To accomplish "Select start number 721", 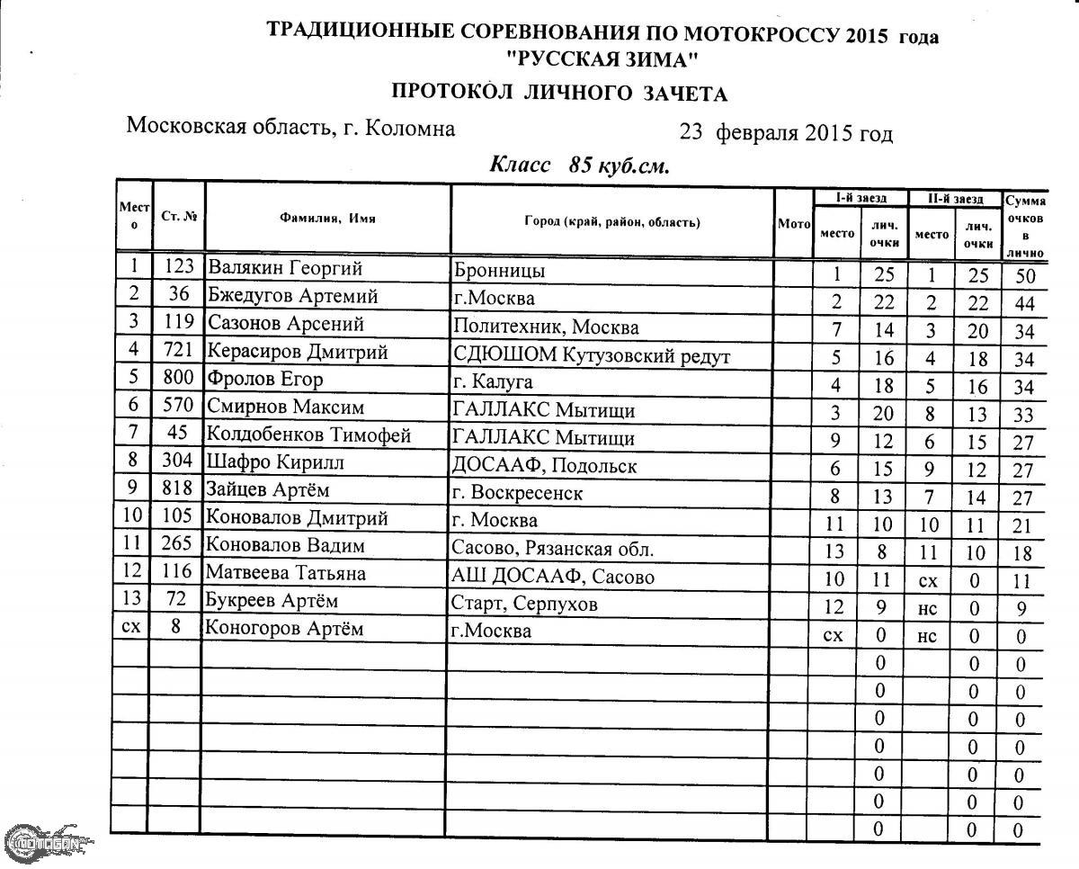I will coord(178,351).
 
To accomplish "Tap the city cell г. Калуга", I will coord(494,381).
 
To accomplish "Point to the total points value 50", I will coord(1025,276).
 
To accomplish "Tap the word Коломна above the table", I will coord(412,128).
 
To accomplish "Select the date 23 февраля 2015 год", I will coord(786,134).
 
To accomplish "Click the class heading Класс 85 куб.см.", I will coord(580,166).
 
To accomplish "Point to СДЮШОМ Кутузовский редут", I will coord(592,356).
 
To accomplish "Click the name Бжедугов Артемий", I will coord(292,296).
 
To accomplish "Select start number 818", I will coord(178,489).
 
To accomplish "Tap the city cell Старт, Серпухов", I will coord(525,604).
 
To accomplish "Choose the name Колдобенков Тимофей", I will coord(308,435).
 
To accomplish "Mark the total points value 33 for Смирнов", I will coord(1024,416).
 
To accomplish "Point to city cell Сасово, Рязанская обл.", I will coord(552,549).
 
